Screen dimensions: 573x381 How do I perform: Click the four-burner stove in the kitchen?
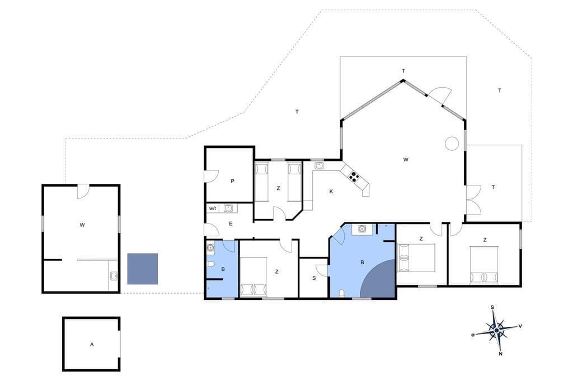click(354, 177)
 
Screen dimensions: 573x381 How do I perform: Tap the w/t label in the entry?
click(212, 208)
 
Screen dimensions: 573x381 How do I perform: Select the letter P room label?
click(232, 181)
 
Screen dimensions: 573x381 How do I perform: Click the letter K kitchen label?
click(331, 191)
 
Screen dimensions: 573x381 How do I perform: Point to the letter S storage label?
click(314, 278)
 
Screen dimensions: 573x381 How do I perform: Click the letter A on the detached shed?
click(92, 344)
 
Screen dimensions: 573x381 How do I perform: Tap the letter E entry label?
click(231, 223)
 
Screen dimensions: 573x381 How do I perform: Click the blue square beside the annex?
click(143, 269)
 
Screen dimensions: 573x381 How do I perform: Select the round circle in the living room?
click(452, 143)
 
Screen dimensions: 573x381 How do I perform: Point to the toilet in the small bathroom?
click(210, 264)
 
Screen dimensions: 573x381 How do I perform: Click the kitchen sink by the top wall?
click(319, 165)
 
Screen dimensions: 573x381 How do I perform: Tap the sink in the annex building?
click(114, 276)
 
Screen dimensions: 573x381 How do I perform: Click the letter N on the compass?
click(500, 353)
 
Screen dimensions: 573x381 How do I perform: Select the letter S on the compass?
click(492, 307)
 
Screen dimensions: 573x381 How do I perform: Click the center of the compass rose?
click(496, 331)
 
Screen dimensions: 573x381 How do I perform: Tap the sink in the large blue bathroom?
click(362, 229)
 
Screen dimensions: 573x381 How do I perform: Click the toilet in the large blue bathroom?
click(341, 293)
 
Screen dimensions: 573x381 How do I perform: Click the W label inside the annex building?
click(82, 225)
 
